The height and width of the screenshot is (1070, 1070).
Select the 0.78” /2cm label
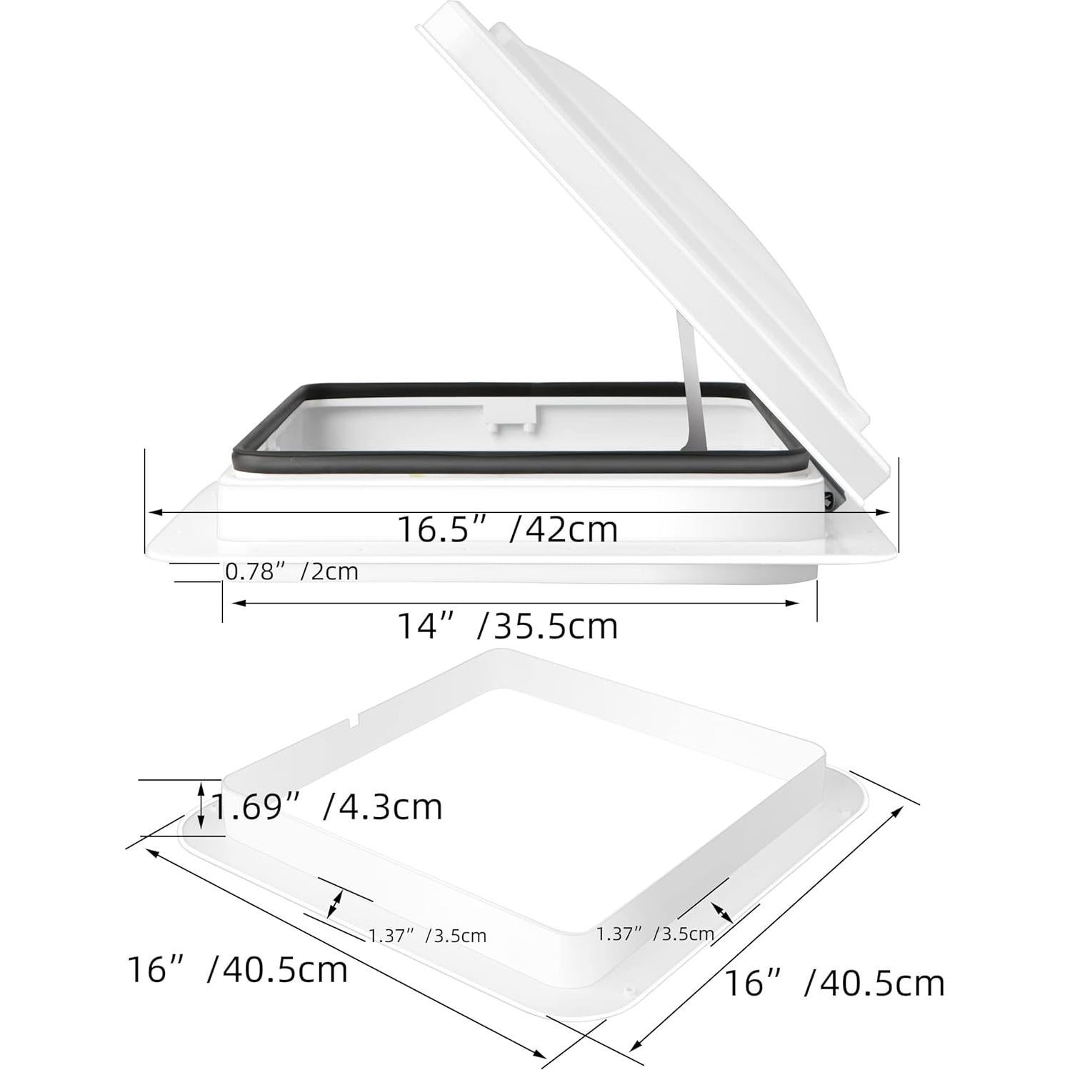(x=291, y=571)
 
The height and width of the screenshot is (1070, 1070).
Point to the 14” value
(x=426, y=626)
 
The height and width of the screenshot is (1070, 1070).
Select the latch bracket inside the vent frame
(x=510, y=417)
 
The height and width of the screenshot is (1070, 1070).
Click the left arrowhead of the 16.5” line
(x=152, y=512)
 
